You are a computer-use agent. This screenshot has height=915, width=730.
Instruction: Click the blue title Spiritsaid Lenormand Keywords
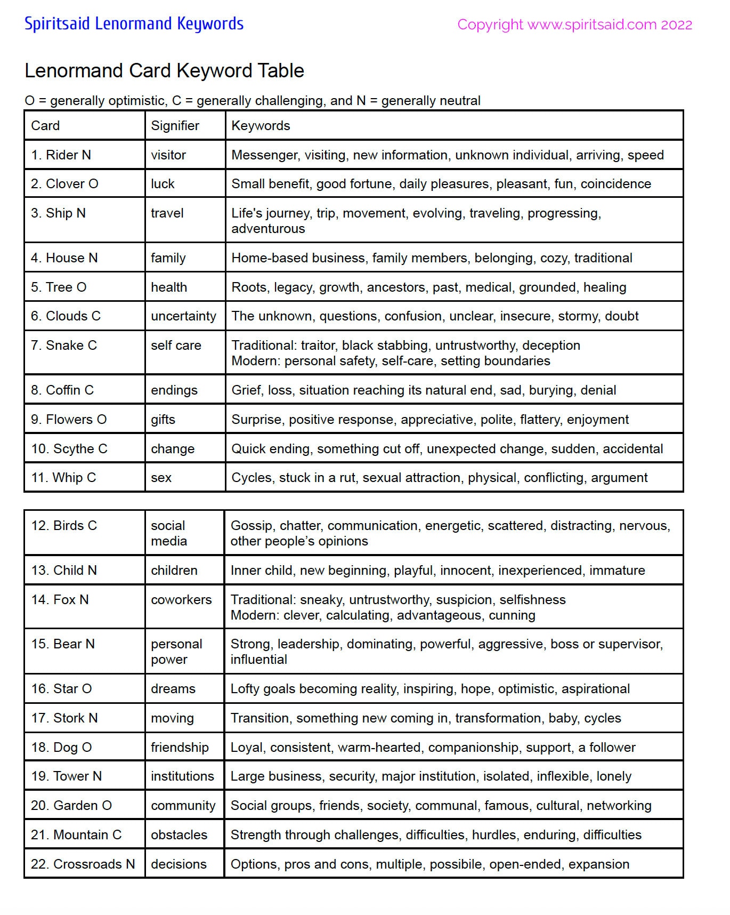pyautogui.click(x=134, y=24)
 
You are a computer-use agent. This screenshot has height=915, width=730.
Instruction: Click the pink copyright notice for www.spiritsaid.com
pyautogui.click(x=574, y=25)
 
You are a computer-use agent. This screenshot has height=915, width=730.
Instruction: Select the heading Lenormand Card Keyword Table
pyautogui.click(x=164, y=71)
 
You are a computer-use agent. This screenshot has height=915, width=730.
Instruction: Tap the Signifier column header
pyautogui.click(x=175, y=126)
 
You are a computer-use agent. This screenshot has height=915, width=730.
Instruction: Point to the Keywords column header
pyautogui.click(x=261, y=126)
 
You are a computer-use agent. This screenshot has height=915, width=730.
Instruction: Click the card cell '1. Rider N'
pyautogui.click(x=61, y=155)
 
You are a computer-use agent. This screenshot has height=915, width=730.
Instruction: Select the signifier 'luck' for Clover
pyautogui.click(x=163, y=184)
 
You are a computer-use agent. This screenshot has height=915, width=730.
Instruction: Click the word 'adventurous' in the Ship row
pyautogui.click(x=268, y=229)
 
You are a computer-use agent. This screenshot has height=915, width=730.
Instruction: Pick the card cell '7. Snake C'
pyautogui.click(x=64, y=346)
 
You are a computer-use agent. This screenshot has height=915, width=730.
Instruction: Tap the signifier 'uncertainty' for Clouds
pyautogui.click(x=183, y=316)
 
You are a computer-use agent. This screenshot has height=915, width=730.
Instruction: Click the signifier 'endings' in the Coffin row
pyautogui.click(x=174, y=390)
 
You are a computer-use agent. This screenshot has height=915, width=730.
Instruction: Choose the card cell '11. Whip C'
pyautogui.click(x=63, y=478)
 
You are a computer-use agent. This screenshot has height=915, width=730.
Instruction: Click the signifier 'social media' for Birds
pyautogui.click(x=169, y=533)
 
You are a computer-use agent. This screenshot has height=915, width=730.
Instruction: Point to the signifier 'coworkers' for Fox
pyautogui.click(x=181, y=600)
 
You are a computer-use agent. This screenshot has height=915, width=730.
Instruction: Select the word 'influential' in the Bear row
pyautogui.click(x=258, y=660)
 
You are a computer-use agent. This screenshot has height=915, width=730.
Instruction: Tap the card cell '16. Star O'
pyautogui.click(x=61, y=689)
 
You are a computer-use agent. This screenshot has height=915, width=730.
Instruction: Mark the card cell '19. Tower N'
pyautogui.click(x=66, y=776)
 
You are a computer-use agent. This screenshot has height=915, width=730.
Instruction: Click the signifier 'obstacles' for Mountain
pyautogui.click(x=179, y=835)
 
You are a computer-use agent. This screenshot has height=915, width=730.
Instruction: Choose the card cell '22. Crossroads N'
pyautogui.click(x=83, y=864)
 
